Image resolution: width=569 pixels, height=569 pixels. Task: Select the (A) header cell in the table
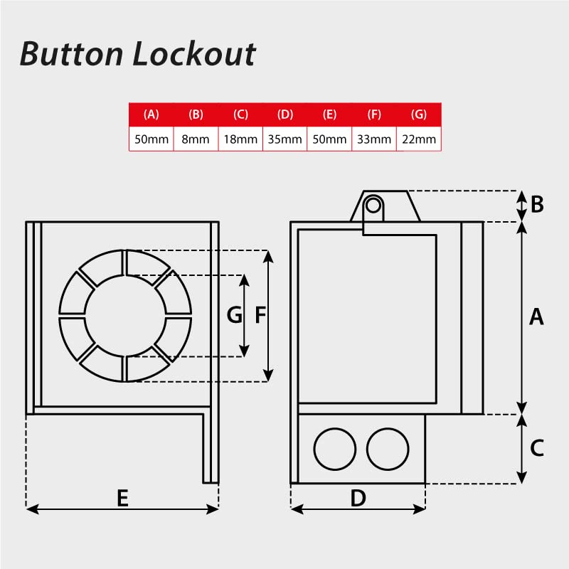[x=151, y=115]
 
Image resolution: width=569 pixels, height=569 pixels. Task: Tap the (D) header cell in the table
[x=284, y=115]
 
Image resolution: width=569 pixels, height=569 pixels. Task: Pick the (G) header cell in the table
[x=419, y=115]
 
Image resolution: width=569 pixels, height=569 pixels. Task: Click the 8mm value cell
[x=196, y=139]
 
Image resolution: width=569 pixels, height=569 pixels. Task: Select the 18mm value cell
[x=240, y=139]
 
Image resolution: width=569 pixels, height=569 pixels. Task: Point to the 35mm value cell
[x=284, y=139]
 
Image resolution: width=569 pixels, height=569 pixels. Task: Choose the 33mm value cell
[x=374, y=139]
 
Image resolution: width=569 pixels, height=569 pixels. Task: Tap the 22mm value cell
[x=419, y=139]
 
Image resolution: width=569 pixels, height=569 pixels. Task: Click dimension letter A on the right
[x=537, y=317]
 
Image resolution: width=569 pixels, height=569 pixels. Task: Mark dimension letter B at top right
[x=537, y=205]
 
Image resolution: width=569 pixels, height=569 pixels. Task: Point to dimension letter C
[x=537, y=448]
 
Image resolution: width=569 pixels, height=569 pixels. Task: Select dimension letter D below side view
[x=358, y=499]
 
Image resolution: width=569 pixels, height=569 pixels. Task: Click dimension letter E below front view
[x=122, y=499]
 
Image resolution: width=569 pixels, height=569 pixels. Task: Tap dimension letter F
[x=260, y=314]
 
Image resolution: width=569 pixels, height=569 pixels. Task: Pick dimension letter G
[x=234, y=314]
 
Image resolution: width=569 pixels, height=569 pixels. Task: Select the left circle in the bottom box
[x=334, y=449]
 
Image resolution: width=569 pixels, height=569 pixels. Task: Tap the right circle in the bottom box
[x=388, y=449]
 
